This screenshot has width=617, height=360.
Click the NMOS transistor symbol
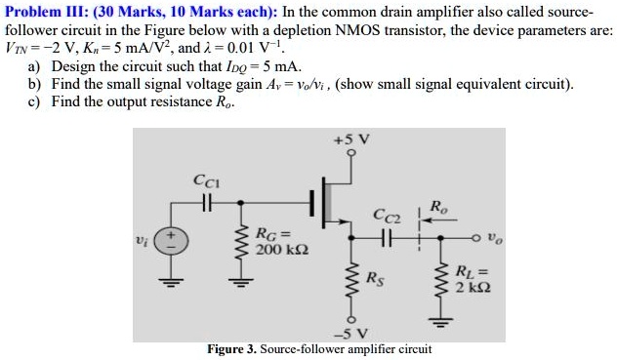click(x=333, y=204)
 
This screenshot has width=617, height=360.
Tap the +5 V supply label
click(x=350, y=140)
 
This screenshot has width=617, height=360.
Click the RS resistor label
click(x=375, y=276)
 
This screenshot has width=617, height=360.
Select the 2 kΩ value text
click(x=472, y=290)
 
